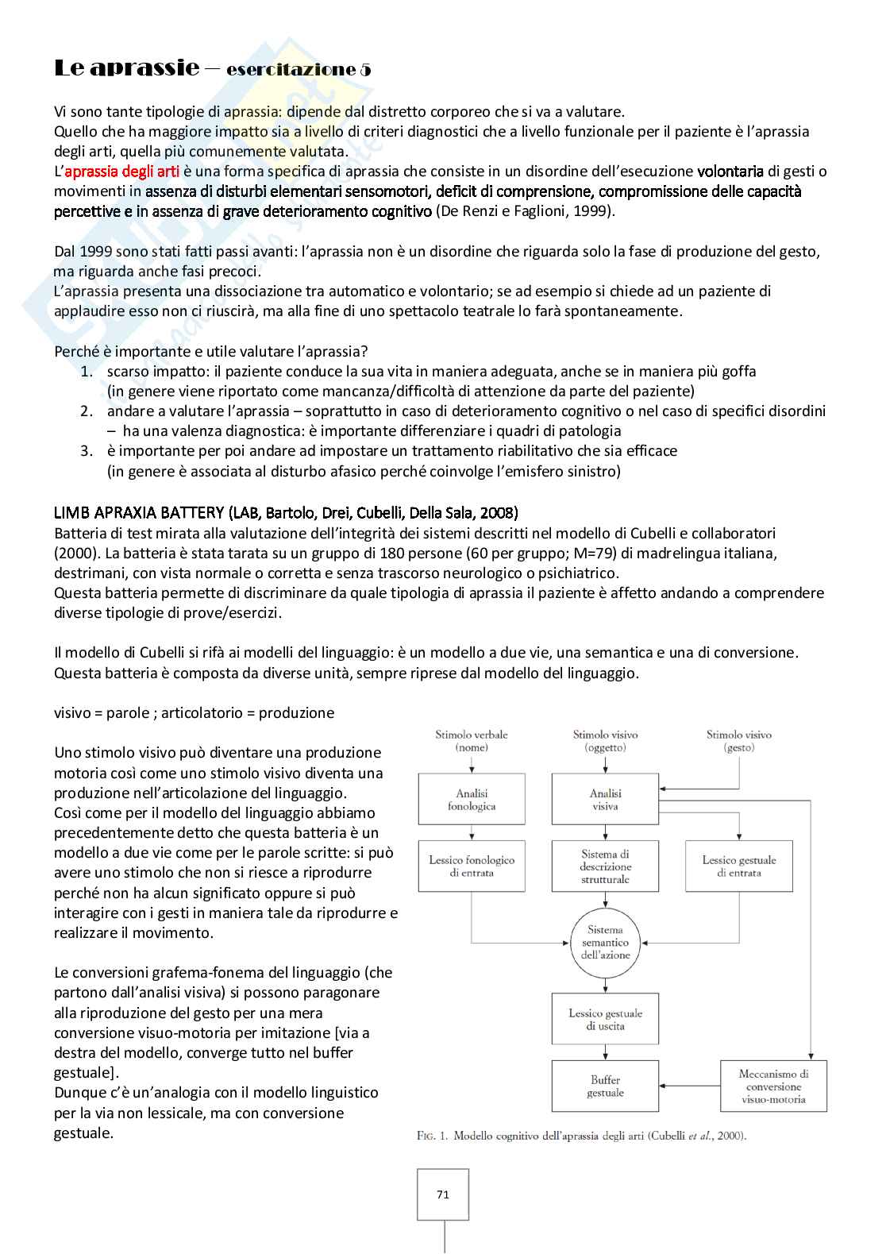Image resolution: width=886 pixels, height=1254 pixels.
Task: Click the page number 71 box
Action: [x=443, y=1194]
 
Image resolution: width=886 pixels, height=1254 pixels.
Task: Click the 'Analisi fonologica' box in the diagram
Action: [x=472, y=800]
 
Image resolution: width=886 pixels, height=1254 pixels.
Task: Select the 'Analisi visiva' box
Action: [x=605, y=800]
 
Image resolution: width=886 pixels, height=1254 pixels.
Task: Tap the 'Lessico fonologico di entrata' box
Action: [x=472, y=866]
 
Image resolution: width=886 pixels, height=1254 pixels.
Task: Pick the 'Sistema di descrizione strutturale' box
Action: [x=605, y=866]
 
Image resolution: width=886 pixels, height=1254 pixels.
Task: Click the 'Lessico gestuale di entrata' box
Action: [x=739, y=866]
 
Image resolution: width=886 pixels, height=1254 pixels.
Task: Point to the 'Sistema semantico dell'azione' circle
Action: [x=605, y=943]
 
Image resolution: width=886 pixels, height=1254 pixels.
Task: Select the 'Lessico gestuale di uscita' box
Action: [x=605, y=1020]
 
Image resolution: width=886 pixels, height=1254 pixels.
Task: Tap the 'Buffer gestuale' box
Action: [x=605, y=1086]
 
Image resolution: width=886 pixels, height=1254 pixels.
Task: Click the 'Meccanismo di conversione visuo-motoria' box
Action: [x=773, y=1086]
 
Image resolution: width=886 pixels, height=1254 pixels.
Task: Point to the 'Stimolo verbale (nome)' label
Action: [x=472, y=741]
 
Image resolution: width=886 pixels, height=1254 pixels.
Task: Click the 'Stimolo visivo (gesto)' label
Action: [x=739, y=741]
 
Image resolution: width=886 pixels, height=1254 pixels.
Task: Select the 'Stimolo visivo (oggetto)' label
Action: [x=605, y=741]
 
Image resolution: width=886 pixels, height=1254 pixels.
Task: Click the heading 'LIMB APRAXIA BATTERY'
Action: [x=140, y=513]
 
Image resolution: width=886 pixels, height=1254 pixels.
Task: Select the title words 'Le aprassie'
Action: [x=126, y=68]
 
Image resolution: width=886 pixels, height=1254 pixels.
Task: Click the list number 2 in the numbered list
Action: [x=87, y=411]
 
